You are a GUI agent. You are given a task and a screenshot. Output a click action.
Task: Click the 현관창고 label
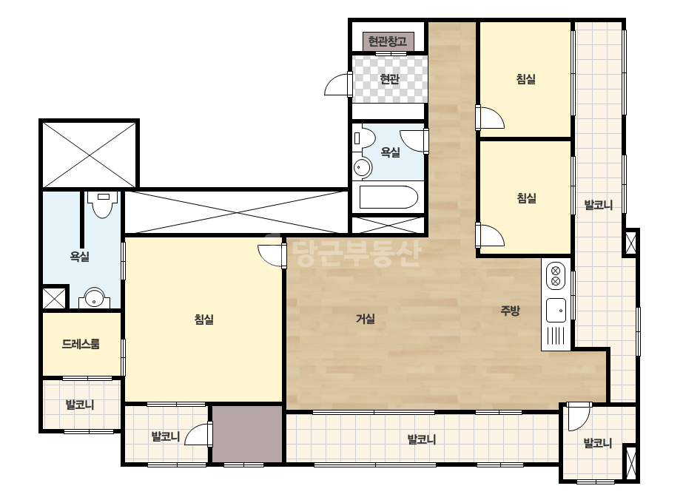(387, 41)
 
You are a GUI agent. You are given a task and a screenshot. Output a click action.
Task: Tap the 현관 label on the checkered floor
(389, 79)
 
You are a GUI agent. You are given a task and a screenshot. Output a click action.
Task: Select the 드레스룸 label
(81, 344)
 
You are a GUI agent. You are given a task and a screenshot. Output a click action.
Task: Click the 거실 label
(366, 319)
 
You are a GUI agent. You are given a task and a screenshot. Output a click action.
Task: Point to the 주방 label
(510, 311)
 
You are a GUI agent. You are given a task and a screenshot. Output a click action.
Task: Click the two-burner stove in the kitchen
(556, 276)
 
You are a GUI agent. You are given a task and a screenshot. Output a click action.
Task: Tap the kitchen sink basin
(556, 311)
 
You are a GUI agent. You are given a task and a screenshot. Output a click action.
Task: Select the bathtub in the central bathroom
(388, 197)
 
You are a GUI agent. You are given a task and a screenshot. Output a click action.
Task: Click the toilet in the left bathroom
(103, 205)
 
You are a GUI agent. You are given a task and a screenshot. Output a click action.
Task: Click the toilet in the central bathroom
(364, 138)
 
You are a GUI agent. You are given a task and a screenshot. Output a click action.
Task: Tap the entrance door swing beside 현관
(338, 84)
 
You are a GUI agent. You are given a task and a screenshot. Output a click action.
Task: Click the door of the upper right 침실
(490, 118)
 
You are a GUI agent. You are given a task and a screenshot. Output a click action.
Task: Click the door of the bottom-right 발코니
(577, 416)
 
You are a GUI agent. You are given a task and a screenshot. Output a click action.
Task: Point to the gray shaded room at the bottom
(247, 433)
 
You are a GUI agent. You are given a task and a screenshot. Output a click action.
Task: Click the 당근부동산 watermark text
(357, 254)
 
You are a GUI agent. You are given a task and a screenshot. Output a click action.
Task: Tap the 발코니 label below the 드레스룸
(80, 405)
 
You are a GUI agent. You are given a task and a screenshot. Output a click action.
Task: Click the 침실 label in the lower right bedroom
(526, 198)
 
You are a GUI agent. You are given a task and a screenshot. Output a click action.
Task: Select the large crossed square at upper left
(90, 155)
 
